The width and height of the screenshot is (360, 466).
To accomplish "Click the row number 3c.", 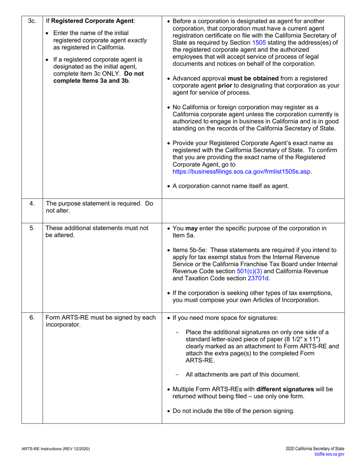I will click(32, 21).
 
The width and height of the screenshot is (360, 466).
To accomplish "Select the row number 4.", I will click(32, 203).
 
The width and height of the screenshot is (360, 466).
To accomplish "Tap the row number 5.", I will click(32, 228).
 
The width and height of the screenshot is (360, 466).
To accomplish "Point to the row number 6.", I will click(32, 317).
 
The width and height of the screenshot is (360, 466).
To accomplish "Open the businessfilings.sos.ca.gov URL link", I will click(242, 172).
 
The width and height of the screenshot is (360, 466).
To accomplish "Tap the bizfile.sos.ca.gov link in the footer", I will click(329, 454).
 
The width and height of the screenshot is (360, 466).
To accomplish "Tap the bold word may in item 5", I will click(192, 228).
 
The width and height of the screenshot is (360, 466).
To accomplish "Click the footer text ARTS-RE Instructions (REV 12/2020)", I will click(55, 449).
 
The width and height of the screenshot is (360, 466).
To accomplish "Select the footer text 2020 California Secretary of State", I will click(315, 449).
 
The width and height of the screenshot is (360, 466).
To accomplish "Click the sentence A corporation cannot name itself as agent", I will click(230, 186).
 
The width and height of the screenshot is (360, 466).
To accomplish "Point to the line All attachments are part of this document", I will click(243, 375).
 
